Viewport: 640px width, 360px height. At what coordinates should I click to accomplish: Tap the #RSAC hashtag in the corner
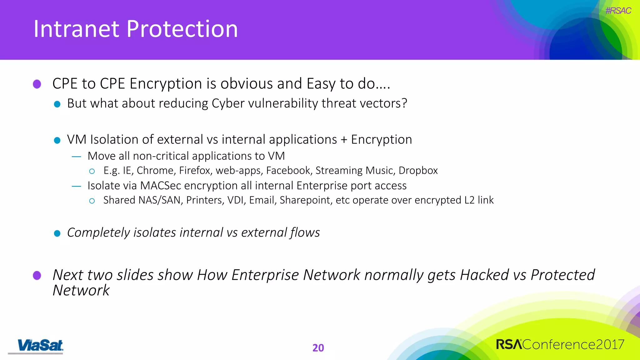pos(618,11)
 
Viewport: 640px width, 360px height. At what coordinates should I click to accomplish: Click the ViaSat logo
pos(40,346)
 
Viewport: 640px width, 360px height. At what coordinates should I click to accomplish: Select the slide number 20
pos(318,348)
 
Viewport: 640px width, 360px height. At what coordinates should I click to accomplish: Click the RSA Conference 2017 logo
pos(560,345)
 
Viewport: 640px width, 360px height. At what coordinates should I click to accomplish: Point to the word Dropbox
pos(418,171)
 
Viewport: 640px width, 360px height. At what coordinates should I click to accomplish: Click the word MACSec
pos(161,186)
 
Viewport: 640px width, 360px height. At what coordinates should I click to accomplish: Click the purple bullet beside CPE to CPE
pos(37,84)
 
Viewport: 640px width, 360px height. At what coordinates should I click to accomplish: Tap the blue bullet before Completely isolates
pos(57,233)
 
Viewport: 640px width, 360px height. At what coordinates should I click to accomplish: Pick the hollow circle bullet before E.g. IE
pos(92,171)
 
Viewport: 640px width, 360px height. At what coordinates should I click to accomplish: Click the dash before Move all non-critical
pos(77,157)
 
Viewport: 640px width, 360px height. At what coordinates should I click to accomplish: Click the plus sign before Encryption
pos(344,140)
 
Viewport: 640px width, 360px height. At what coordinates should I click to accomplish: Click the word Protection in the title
pos(182,29)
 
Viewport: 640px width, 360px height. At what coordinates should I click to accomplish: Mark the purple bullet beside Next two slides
pos(37,275)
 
